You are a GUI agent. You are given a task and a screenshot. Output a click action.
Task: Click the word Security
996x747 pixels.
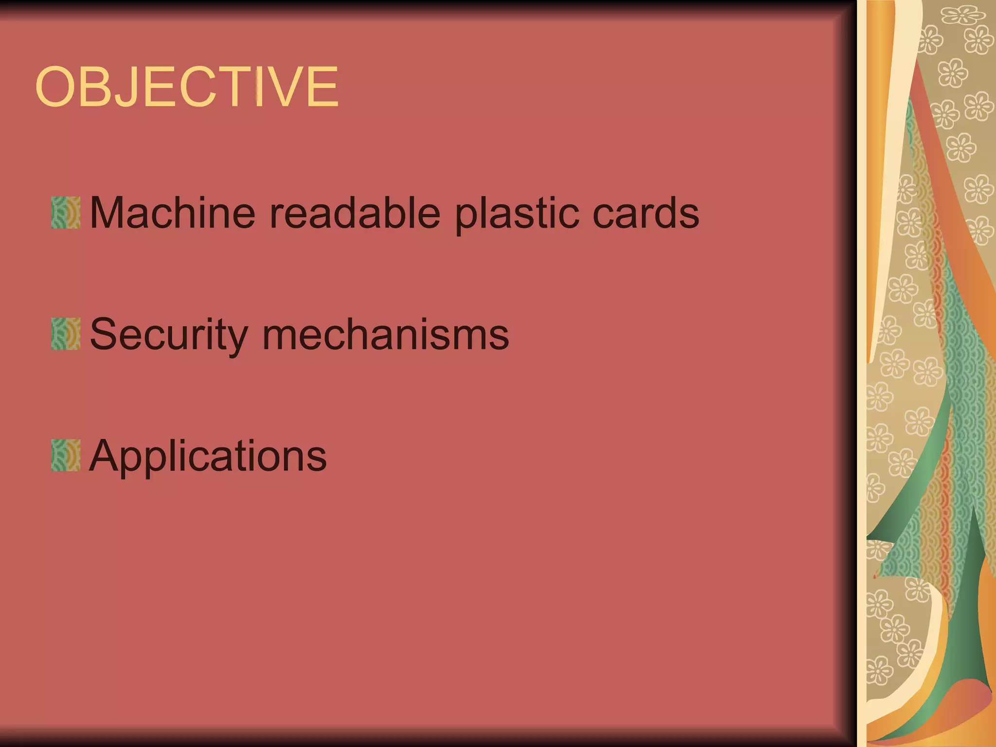click(x=169, y=335)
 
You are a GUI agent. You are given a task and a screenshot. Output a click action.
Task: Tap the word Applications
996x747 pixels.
click(x=208, y=456)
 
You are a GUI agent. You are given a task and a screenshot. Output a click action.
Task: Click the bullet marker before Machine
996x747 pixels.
click(x=66, y=213)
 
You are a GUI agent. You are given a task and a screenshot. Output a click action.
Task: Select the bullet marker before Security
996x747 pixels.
click(x=66, y=334)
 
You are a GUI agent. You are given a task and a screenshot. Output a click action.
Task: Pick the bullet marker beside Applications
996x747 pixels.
click(x=66, y=456)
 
